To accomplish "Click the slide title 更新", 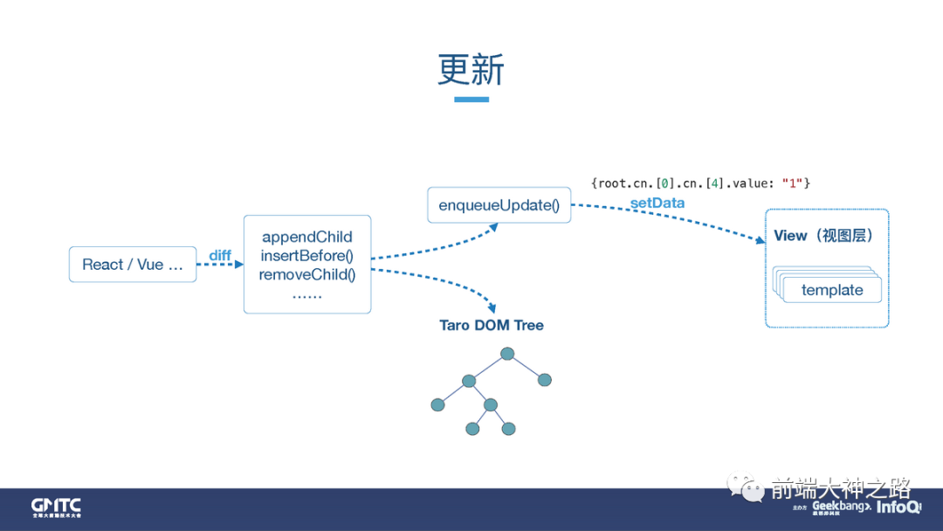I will pos(471,70).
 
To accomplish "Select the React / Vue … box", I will pos(133,265).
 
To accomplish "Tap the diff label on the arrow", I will pos(220,255).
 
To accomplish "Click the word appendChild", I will pos(307,237).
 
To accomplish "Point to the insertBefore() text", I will pos(307,256).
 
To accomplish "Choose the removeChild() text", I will pos(307,274).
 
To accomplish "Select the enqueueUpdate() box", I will pos(499,205).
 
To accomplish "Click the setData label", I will pos(657,203).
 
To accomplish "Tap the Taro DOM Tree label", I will pos(492,325).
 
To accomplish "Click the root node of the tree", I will pos(507,354).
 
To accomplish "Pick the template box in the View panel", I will pos(832,290).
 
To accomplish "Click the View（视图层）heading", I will pos(823,236).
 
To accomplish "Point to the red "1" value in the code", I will pos(794,183).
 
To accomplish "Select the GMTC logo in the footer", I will pos(56,507).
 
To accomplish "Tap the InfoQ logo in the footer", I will pos(898,507).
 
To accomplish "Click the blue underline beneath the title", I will pos(471,100).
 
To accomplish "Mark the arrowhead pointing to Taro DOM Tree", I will pos(492,308).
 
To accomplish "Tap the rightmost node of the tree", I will pos(545,380).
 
